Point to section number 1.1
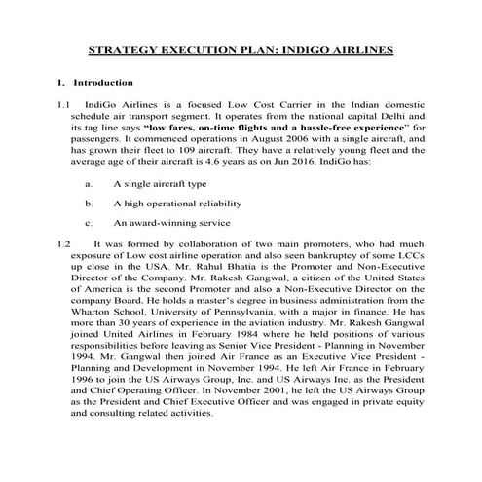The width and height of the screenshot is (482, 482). tap(64, 103)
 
